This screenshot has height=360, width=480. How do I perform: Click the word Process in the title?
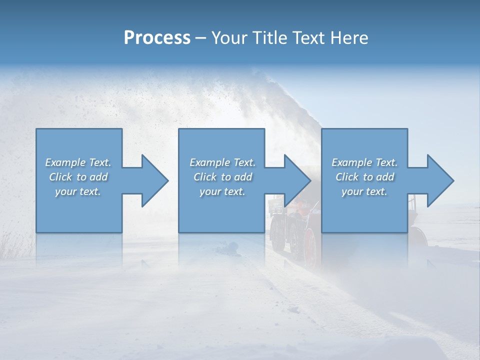[157, 38]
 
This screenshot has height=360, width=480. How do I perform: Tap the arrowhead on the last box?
[439, 180]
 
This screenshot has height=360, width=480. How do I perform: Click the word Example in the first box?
[65, 162]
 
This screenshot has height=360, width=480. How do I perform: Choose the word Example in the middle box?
[209, 162]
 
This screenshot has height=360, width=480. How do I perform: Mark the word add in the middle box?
[243, 177]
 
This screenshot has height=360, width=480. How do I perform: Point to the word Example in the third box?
[351, 162]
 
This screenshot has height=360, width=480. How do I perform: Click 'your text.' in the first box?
[78, 191]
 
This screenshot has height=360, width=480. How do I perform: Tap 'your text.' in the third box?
[364, 191]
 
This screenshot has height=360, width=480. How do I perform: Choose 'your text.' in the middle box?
[222, 191]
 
